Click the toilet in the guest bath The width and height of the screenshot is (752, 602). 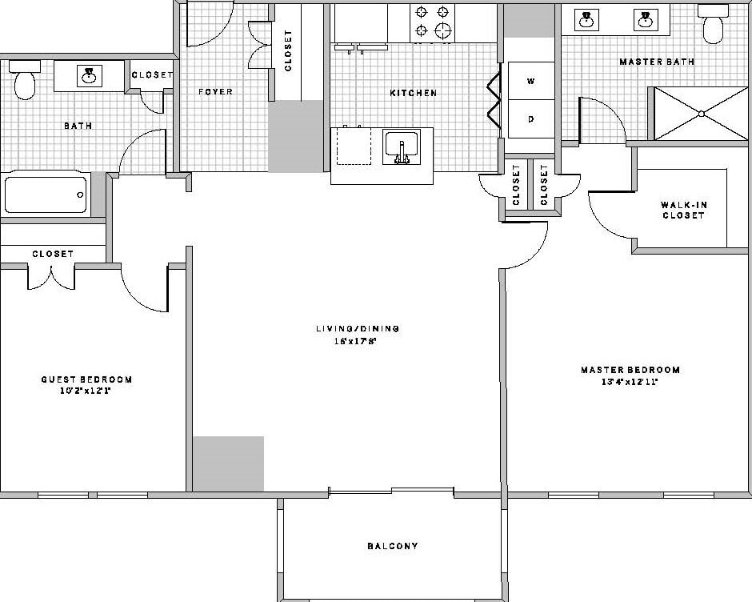25,82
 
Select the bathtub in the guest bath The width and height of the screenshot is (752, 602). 46,194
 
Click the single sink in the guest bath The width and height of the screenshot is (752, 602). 88,76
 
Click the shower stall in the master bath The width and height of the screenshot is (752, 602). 700,113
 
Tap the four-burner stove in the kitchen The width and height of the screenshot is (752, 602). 432,22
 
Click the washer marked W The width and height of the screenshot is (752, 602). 530,81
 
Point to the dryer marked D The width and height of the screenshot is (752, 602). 530,118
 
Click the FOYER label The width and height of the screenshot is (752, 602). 215,92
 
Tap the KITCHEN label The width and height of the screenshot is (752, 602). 413,93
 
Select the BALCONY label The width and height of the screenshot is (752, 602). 392,547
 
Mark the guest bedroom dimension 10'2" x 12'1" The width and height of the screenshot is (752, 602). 86,391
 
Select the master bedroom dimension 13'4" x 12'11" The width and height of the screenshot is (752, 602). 630,381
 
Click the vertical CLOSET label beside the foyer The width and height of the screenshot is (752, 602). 288,51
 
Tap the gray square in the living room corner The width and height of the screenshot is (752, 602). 229,464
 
